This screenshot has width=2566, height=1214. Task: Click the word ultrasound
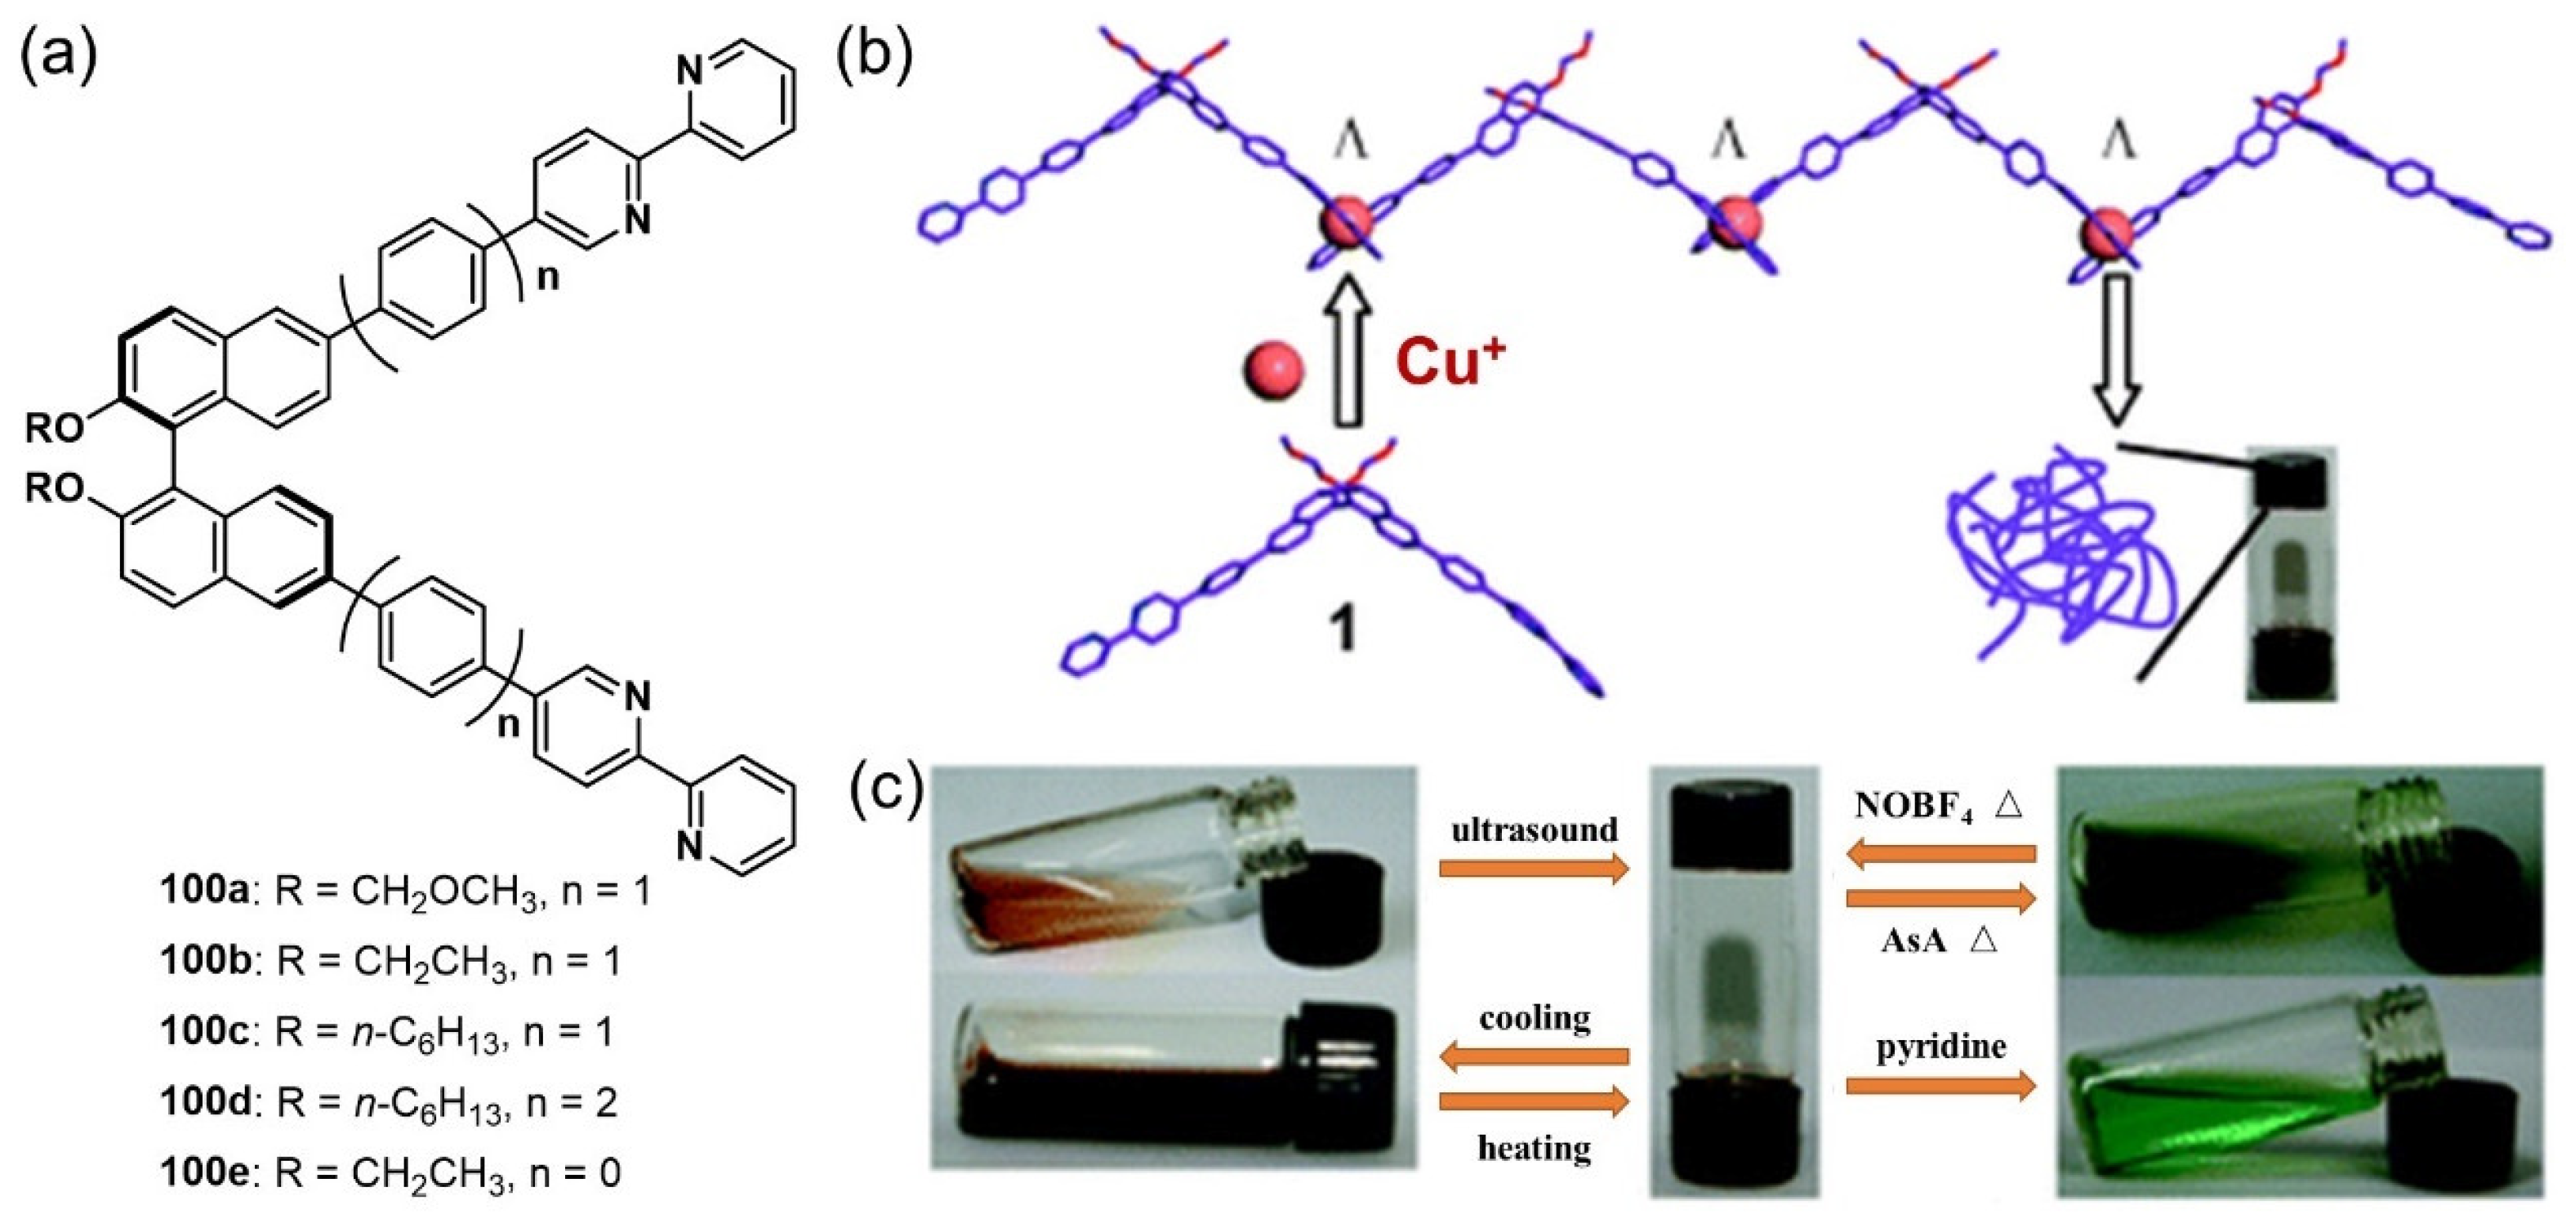(x=1534, y=829)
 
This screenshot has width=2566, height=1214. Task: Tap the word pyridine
(x=1940, y=1047)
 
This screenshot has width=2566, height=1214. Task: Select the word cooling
(x=1534, y=1018)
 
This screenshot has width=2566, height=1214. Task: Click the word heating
(x=1534, y=1147)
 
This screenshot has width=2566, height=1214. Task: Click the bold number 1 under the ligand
(x=1345, y=629)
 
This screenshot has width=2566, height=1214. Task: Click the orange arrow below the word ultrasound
(x=1534, y=869)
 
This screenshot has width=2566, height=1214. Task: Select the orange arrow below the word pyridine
(x=1940, y=1086)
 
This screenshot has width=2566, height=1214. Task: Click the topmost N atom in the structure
(x=689, y=69)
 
